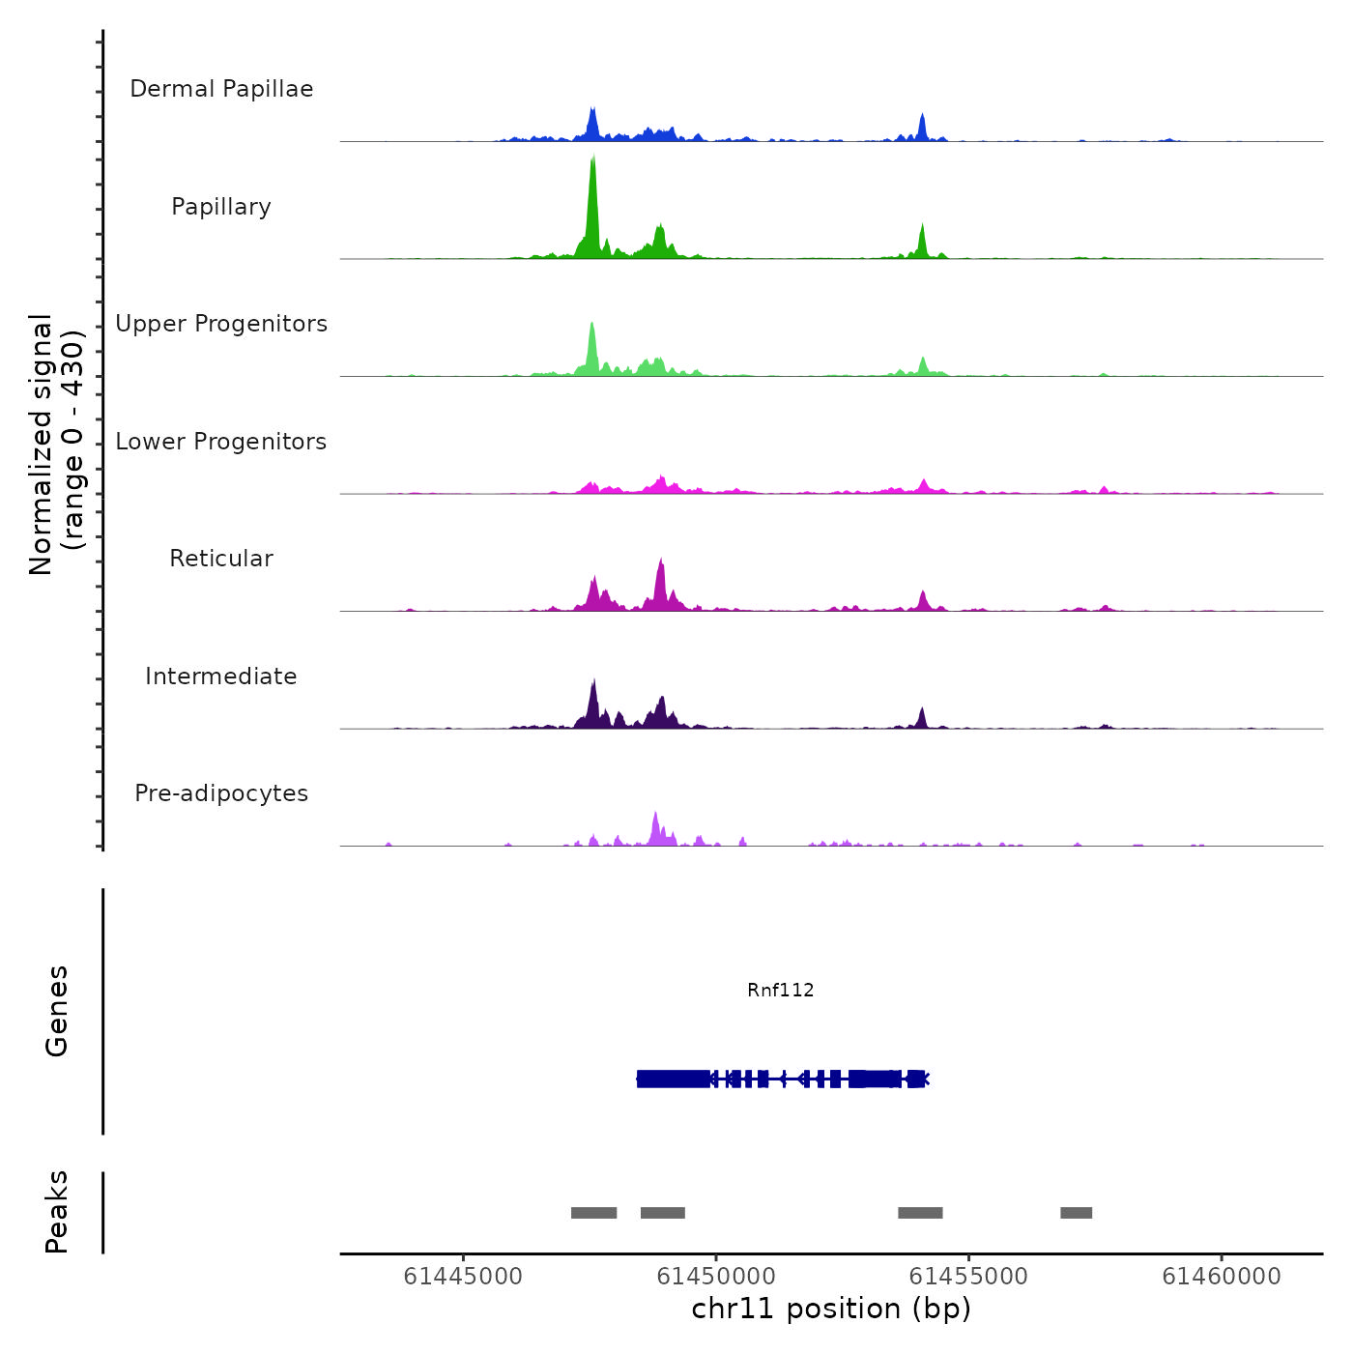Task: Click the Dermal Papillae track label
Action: pos(221,89)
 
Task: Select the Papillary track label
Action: pos(221,207)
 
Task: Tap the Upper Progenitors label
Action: pos(221,324)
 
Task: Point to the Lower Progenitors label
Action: pos(221,442)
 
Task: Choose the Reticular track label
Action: pos(221,559)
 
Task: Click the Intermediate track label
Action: pos(221,676)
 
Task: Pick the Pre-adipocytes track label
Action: pos(221,793)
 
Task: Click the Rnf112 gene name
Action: pos(781,990)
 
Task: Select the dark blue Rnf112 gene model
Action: pos(783,1079)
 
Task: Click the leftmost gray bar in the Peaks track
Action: pos(593,1213)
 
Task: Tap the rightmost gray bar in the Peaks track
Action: pos(1076,1213)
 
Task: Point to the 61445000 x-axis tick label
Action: pos(463,1277)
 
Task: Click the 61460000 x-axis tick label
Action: pos(1222,1277)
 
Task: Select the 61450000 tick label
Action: pos(716,1277)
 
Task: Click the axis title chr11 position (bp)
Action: pos(831,1309)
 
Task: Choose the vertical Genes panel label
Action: pos(56,1011)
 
